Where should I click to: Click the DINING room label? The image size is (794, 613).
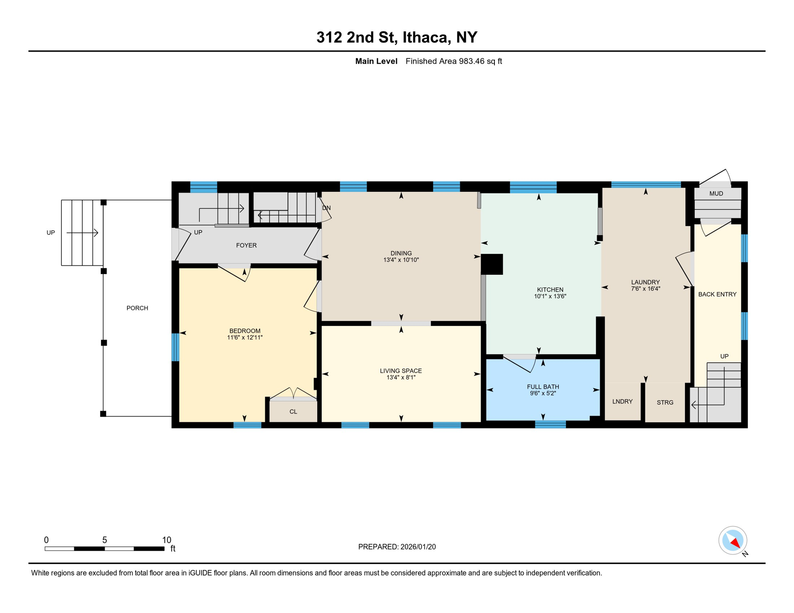401,253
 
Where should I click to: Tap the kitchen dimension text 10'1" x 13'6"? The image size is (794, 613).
550,297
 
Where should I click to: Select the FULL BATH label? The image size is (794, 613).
543,387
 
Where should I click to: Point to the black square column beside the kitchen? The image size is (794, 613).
492,264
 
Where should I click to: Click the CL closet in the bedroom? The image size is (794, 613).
293,411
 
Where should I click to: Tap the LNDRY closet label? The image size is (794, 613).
622,401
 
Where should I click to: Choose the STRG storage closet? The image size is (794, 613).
665,403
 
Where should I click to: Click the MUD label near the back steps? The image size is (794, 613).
716,194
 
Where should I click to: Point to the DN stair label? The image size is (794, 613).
326,208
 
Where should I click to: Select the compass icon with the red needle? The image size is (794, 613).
733,541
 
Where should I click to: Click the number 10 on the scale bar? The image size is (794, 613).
167,540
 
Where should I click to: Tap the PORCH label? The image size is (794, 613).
137,308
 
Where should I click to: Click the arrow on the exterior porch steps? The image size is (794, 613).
82,233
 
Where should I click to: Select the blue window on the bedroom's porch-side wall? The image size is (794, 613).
175,347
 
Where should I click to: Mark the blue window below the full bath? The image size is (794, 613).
550,425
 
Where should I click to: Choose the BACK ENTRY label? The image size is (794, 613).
717,295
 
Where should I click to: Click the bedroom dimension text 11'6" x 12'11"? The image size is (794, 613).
244,338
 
